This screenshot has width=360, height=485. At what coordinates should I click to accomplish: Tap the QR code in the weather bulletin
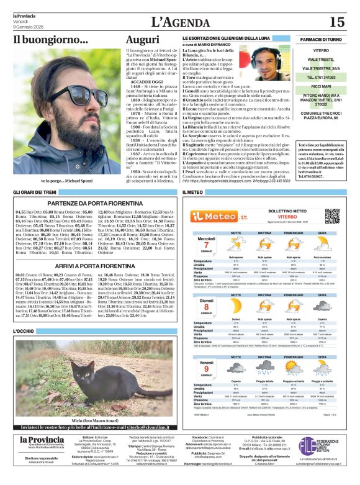(x=333, y=216)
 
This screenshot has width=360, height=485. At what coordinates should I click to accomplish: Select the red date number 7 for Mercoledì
(x=206, y=244)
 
